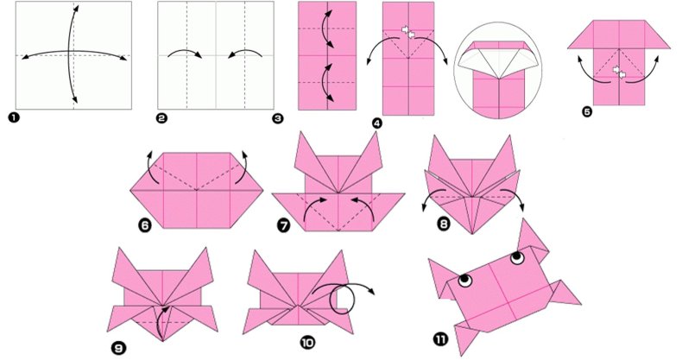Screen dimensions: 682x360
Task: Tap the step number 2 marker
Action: [x=161, y=117]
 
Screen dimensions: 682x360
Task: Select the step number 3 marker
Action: [x=277, y=117]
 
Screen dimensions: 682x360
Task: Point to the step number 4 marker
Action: [x=377, y=123]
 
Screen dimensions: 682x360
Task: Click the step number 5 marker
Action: [x=587, y=111]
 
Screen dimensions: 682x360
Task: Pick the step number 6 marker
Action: [x=145, y=225]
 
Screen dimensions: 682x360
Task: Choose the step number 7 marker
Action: [x=283, y=225]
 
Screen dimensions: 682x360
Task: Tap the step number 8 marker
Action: [x=443, y=224]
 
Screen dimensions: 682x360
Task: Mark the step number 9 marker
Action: [x=118, y=347]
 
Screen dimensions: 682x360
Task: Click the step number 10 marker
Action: [x=307, y=343]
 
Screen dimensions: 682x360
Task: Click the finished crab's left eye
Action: [x=465, y=280]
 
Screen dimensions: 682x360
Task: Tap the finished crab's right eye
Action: [x=517, y=257]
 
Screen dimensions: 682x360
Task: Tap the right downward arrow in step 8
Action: [x=514, y=198]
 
